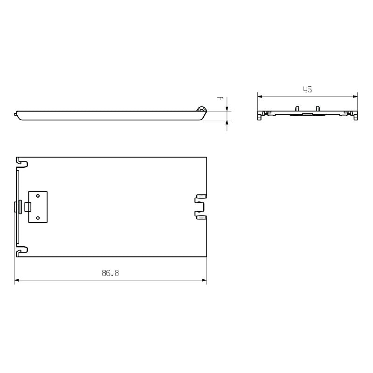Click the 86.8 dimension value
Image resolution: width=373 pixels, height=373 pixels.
pos(110,273)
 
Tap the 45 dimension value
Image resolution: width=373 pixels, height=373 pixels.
pos(307,90)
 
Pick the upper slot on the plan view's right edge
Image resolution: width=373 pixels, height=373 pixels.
pos(201,196)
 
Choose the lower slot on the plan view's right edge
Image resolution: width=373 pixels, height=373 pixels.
pos(201,217)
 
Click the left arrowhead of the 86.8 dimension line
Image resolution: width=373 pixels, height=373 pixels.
pos(17,280)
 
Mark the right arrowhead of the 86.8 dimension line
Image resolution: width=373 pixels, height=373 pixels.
pos(204,280)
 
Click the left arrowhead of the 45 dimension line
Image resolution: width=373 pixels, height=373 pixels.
pos(260,97)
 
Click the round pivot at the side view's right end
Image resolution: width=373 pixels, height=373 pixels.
pos(201,110)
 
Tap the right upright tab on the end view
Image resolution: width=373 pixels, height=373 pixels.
pos(318,109)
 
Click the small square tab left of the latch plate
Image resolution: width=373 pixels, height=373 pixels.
pos(28,207)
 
